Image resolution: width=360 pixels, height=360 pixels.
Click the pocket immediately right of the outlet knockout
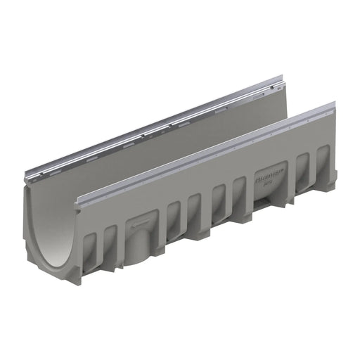click(x=174, y=214)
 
